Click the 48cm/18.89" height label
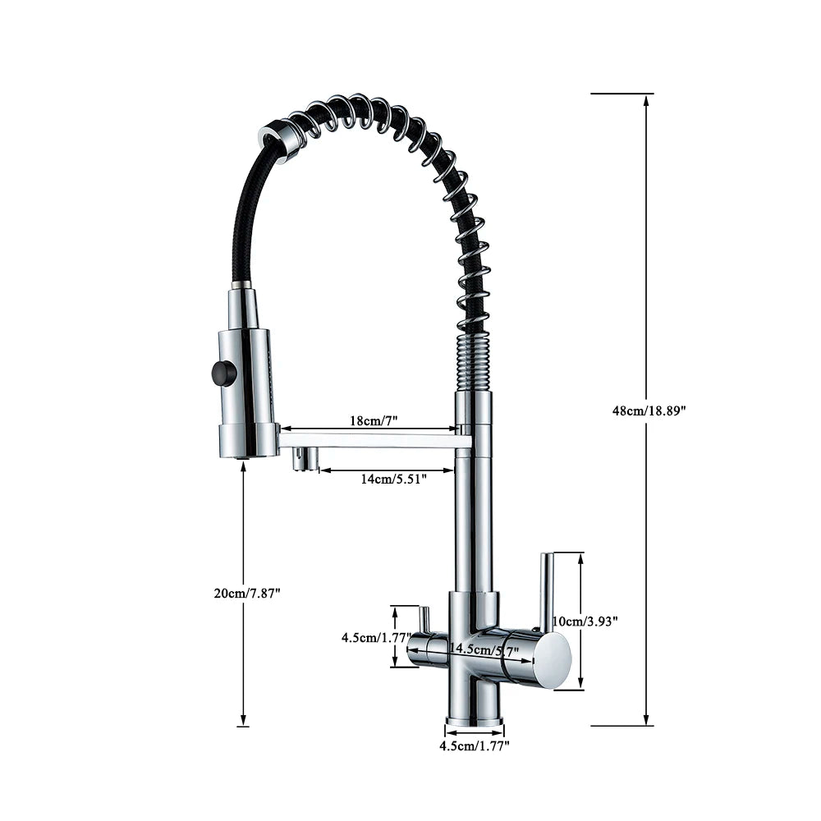649,411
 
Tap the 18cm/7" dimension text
374,420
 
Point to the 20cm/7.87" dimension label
247,594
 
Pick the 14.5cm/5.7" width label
484,649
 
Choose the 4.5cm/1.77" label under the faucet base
475,746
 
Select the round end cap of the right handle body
553,658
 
